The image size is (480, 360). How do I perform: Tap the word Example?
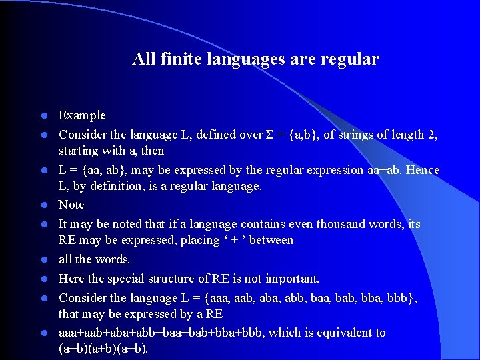[x=82, y=116]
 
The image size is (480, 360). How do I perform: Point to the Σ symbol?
[x=270, y=135]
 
